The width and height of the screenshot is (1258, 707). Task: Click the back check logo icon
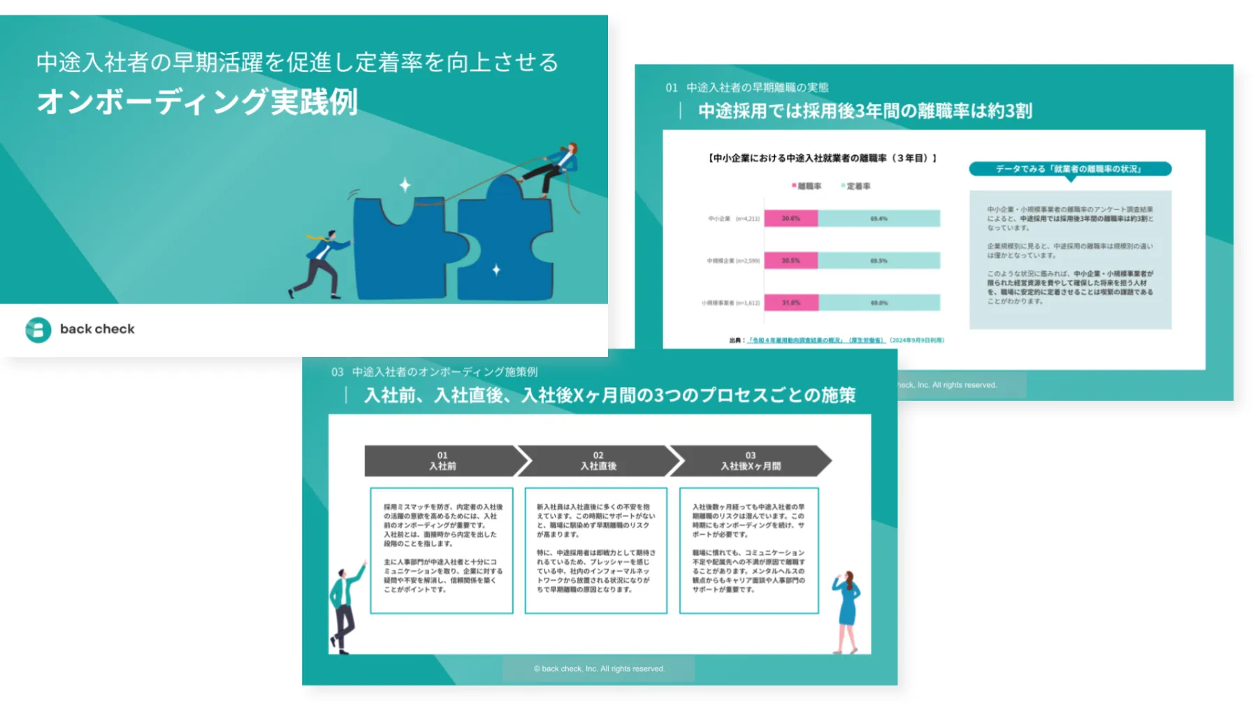38,330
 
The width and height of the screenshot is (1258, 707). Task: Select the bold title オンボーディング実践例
197,102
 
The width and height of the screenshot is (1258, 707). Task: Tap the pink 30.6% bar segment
790,219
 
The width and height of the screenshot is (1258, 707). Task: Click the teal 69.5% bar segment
879,261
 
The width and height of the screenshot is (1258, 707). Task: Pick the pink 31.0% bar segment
790,303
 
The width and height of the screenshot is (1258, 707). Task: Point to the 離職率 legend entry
807,187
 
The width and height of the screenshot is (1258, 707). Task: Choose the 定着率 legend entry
856,187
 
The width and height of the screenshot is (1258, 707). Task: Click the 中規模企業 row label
732,261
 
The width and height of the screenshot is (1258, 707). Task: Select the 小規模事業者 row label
730,303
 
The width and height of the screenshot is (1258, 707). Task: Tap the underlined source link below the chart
816,340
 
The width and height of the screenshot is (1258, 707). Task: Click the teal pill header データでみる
1069,169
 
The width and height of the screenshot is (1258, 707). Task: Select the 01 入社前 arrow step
443,461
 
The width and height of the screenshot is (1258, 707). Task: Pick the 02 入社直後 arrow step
598,461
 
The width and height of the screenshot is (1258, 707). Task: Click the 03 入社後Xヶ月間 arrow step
751,461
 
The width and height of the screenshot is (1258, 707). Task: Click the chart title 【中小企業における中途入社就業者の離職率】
822,159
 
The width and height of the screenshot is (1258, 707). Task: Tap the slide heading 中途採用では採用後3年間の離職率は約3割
865,111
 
